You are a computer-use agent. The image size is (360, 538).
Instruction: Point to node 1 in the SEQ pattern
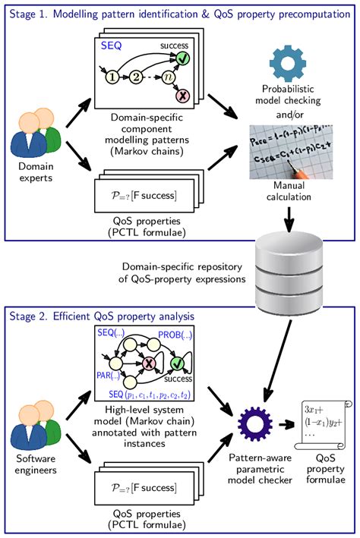coord(112,77)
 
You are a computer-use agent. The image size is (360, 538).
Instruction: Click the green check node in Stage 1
coord(182,57)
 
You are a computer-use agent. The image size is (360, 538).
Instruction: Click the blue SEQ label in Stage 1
coord(112,47)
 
